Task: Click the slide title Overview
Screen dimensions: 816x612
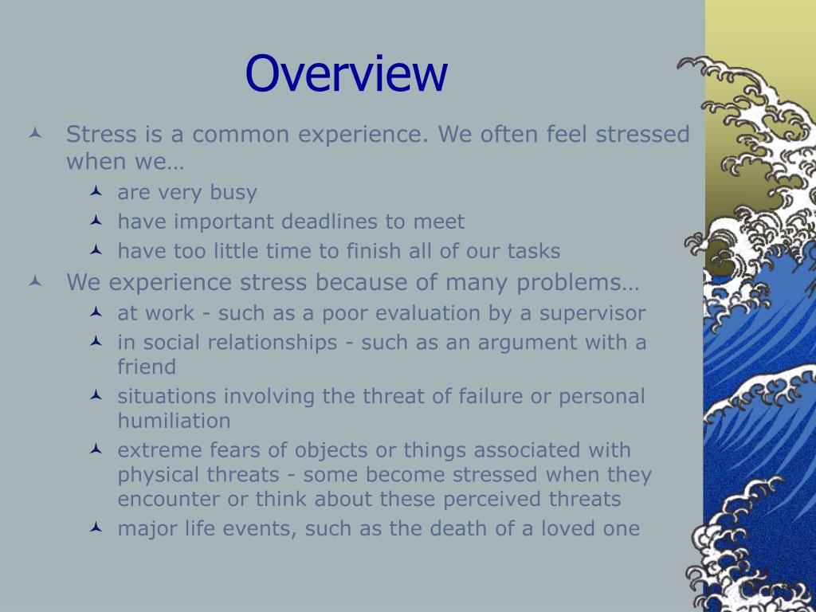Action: tap(346, 73)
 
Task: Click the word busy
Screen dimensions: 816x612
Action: tap(233, 193)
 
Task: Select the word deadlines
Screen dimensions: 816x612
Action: tap(326, 222)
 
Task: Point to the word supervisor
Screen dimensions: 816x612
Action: tap(592, 314)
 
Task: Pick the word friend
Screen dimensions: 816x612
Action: tap(147, 367)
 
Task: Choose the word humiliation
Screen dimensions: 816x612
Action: tap(174, 421)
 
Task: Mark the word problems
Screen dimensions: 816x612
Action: tap(577, 283)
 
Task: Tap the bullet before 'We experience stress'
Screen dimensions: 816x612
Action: tap(35, 281)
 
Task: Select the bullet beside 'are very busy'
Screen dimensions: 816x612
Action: tap(96, 191)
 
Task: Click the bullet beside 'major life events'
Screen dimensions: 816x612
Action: tap(96, 528)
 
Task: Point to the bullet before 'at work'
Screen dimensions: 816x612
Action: tap(96, 312)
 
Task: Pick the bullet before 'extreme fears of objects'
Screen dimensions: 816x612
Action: tap(96, 449)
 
